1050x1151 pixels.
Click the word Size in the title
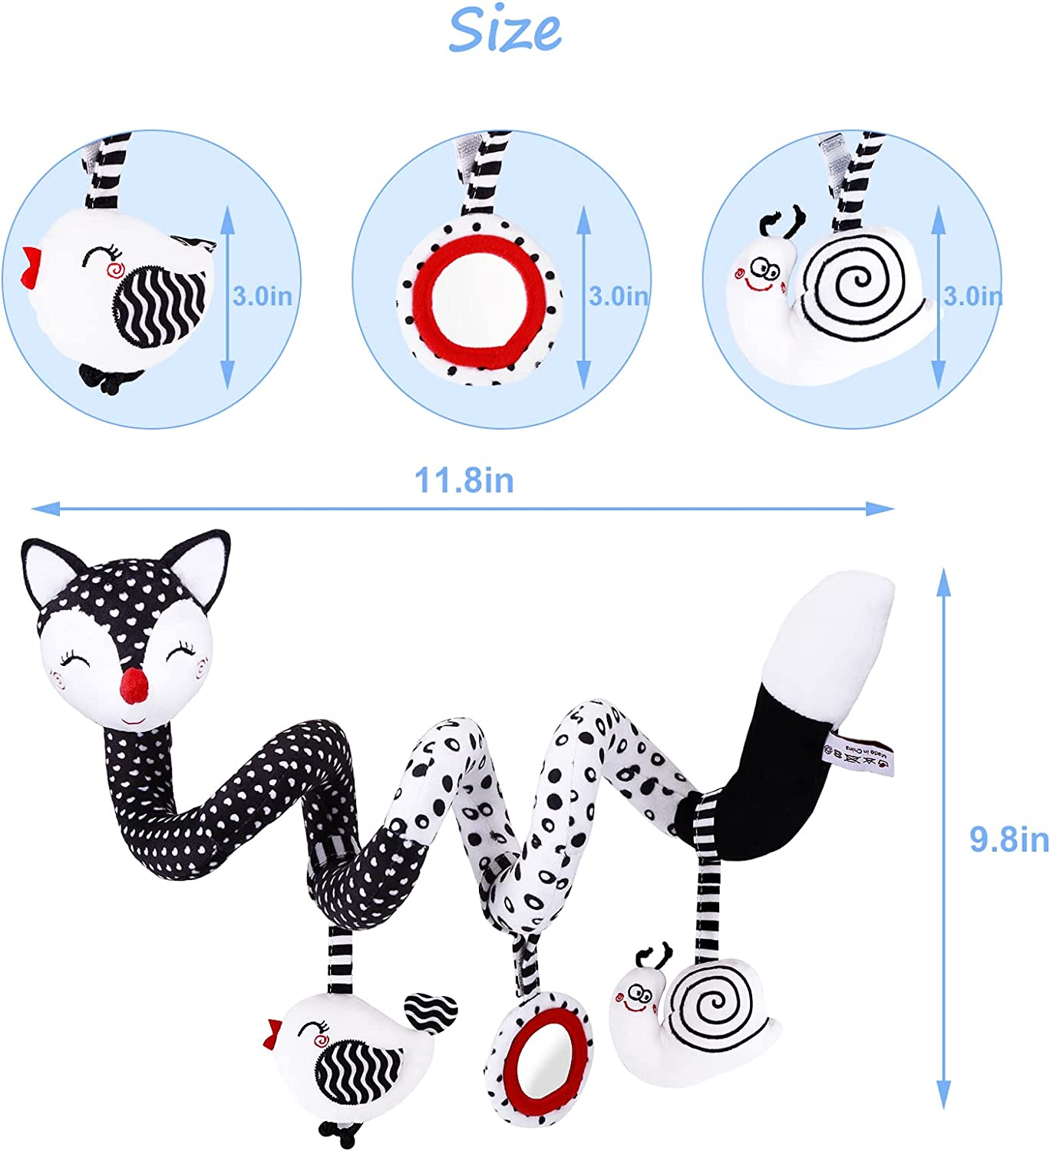(x=504, y=31)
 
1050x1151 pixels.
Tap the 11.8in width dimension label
(x=464, y=480)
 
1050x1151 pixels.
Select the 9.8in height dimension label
(x=1008, y=839)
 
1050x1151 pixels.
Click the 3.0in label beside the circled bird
(x=262, y=296)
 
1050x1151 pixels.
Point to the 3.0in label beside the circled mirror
(x=618, y=296)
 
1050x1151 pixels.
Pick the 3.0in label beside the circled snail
(x=972, y=296)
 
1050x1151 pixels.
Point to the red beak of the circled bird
(x=31, y=267)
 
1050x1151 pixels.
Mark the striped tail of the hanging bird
(x=430, y=1011)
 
